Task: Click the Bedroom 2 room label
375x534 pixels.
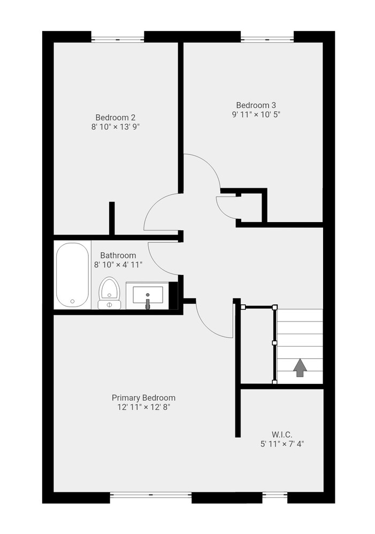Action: (x=116, y=117)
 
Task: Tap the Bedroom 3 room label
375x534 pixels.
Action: (x=256, y=105)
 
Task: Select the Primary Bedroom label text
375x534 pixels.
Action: (x=144, y=398)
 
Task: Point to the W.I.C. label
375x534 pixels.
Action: (x=282, y=435)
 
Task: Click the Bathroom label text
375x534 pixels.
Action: (x=118, y=255)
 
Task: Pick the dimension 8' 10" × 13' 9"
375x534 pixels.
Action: (x=116, y=127)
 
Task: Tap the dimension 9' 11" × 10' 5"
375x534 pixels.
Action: (x=256, y=114)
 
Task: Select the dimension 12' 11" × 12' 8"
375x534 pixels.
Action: (x=144, y=407)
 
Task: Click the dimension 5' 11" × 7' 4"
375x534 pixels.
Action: (x=282, y=444)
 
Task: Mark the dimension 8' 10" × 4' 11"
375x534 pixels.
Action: (x=118, y=265)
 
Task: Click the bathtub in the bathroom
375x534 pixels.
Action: (x=72, y=274)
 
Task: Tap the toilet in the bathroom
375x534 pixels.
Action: (x=109, y=293)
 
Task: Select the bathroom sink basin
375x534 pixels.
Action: (x=148, y=295)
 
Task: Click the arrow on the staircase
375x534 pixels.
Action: (x=300, y=367)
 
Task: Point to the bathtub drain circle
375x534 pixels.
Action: (x=72, y=301)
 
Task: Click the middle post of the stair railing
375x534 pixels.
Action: (x=274, y=343)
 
